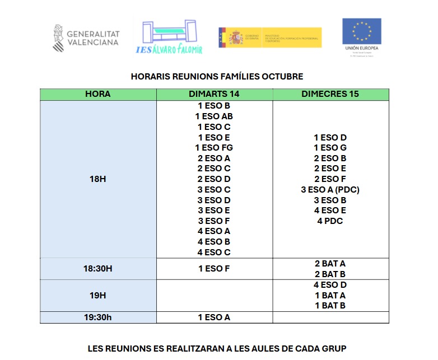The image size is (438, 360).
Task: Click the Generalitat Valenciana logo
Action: (86, 38)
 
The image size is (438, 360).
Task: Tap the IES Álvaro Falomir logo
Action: (168, 37)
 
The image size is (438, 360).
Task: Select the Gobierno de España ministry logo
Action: (270, 38)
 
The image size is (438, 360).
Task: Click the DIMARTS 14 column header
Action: (214, 94)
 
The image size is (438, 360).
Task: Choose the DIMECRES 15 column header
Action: (330, 94)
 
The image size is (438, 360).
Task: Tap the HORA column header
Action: (97, 94)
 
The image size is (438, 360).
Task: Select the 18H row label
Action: (97, 179)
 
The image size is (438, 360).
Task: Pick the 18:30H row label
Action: (97, 269)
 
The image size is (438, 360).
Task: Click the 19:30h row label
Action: (97, 317)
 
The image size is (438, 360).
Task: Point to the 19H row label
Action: (97, 295)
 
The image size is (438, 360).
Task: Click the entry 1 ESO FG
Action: (214, 148)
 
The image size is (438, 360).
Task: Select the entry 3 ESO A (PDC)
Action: (330, 190)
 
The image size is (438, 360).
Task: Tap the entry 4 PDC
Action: (330, 221)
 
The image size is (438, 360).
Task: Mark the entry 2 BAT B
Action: (330, 274)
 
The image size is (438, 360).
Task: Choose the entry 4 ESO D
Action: (330, 285)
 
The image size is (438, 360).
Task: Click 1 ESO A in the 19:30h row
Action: (214, 317)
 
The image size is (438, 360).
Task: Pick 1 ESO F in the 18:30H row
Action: (214, 269)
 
